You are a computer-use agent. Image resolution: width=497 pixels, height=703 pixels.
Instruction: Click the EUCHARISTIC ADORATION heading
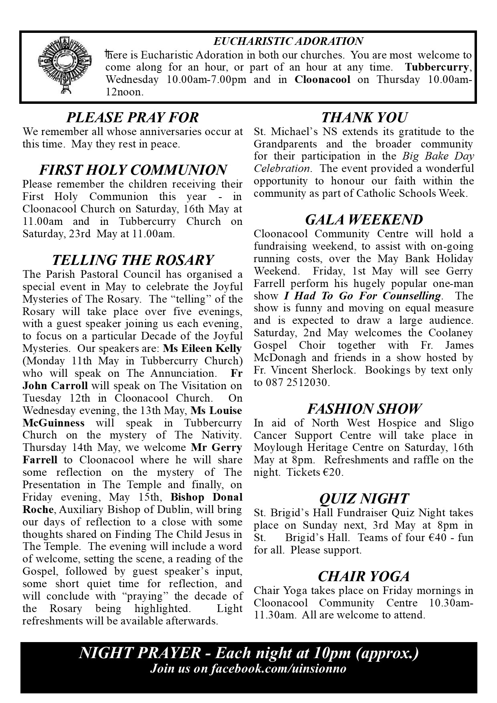pyautogui.click(x=288, y=41)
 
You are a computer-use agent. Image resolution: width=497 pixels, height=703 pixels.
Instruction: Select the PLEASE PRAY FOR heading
pyautogui.click(x=132, y=117)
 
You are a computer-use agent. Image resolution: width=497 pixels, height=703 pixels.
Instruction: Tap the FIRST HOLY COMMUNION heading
pyautogui.click(x=133, y=170)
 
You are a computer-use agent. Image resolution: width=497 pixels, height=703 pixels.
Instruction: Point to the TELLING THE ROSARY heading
pyautogui.click(x=133, y=260)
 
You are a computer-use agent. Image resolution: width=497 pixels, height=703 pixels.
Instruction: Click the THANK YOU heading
pyautogui.click(x=364, y=117)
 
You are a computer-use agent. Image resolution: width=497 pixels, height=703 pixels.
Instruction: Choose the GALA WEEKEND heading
pyautogui.click(x=364, y=220)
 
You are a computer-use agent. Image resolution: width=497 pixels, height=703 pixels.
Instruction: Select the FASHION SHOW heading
pyautogui.click(x=364, y=409)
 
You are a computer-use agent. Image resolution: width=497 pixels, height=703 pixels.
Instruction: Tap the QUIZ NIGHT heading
pyautogui.click(x=364, y=499)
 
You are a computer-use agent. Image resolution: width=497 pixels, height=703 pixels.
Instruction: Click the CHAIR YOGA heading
pyautogui.click(x=364, y=576)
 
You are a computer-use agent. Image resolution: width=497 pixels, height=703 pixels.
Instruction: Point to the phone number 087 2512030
pyautogui.click(x=297, y=383)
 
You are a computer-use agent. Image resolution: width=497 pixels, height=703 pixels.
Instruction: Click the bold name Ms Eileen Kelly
pyautogui.click(x=203, y=348)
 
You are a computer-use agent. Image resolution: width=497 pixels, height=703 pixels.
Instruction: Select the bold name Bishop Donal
pyautogui.click(x=206, y=497)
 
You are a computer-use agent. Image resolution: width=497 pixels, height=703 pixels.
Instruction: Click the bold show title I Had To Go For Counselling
pyautogui.click(x=362, y=296)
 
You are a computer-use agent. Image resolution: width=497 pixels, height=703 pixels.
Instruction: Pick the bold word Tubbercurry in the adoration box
pyautogui.click(x=436, y=67)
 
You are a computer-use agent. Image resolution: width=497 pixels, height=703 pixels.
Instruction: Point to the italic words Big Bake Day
pyautogui.click(x=438, y=156)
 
